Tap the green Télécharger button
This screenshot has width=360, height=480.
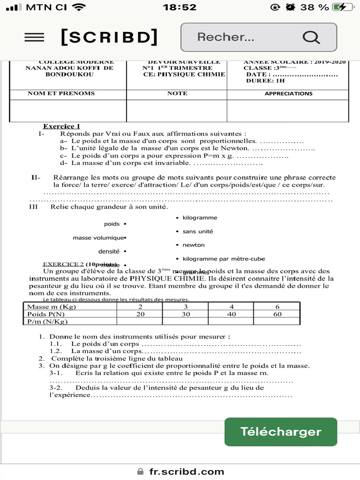[280, 432]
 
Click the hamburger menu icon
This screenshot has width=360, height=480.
[34, 37]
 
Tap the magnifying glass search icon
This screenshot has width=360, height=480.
[311, 37]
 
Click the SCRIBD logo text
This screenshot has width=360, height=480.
[109, 37]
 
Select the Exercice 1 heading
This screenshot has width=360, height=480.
[61, 126]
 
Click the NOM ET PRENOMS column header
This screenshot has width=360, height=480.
[61, 93]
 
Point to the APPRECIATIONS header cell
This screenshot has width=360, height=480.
[288, 94]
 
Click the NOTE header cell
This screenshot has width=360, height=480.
[177, 93]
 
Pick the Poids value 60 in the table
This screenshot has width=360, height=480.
[277, 314]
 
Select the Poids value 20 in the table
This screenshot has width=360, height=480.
[140, 314]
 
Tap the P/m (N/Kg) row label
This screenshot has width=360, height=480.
[47, 322]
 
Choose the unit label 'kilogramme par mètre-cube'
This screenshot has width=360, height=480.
[224, 259]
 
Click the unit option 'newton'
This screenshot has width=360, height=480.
[194, 245]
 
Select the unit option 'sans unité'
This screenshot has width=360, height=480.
[198, 232]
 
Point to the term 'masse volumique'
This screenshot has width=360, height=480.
[98, 238]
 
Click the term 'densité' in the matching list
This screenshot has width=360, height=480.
[109, 252]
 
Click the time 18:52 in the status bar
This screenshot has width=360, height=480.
[180, 7]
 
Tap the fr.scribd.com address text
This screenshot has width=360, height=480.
[187, 472]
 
